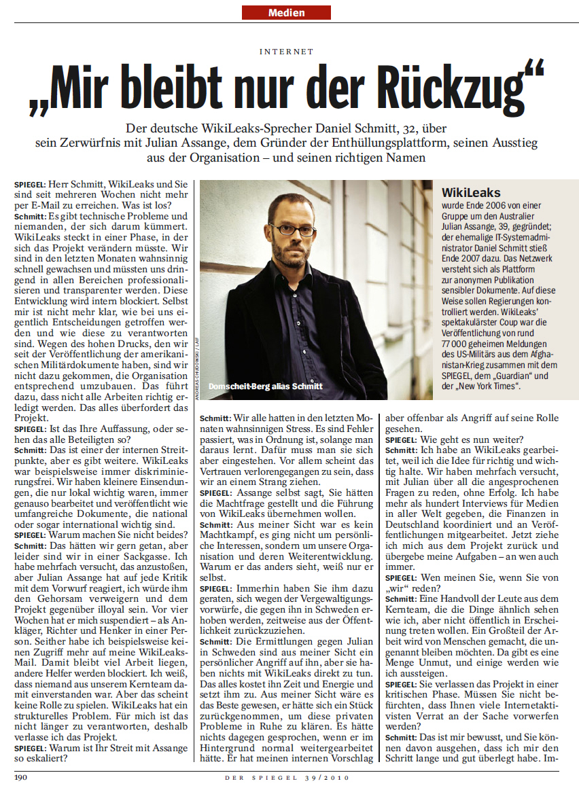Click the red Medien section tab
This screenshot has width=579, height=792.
click(x=286, y=12)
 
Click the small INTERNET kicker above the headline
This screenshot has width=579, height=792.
click(x=287, y=51)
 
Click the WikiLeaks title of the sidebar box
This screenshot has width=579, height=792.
click(x=471, y=193)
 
